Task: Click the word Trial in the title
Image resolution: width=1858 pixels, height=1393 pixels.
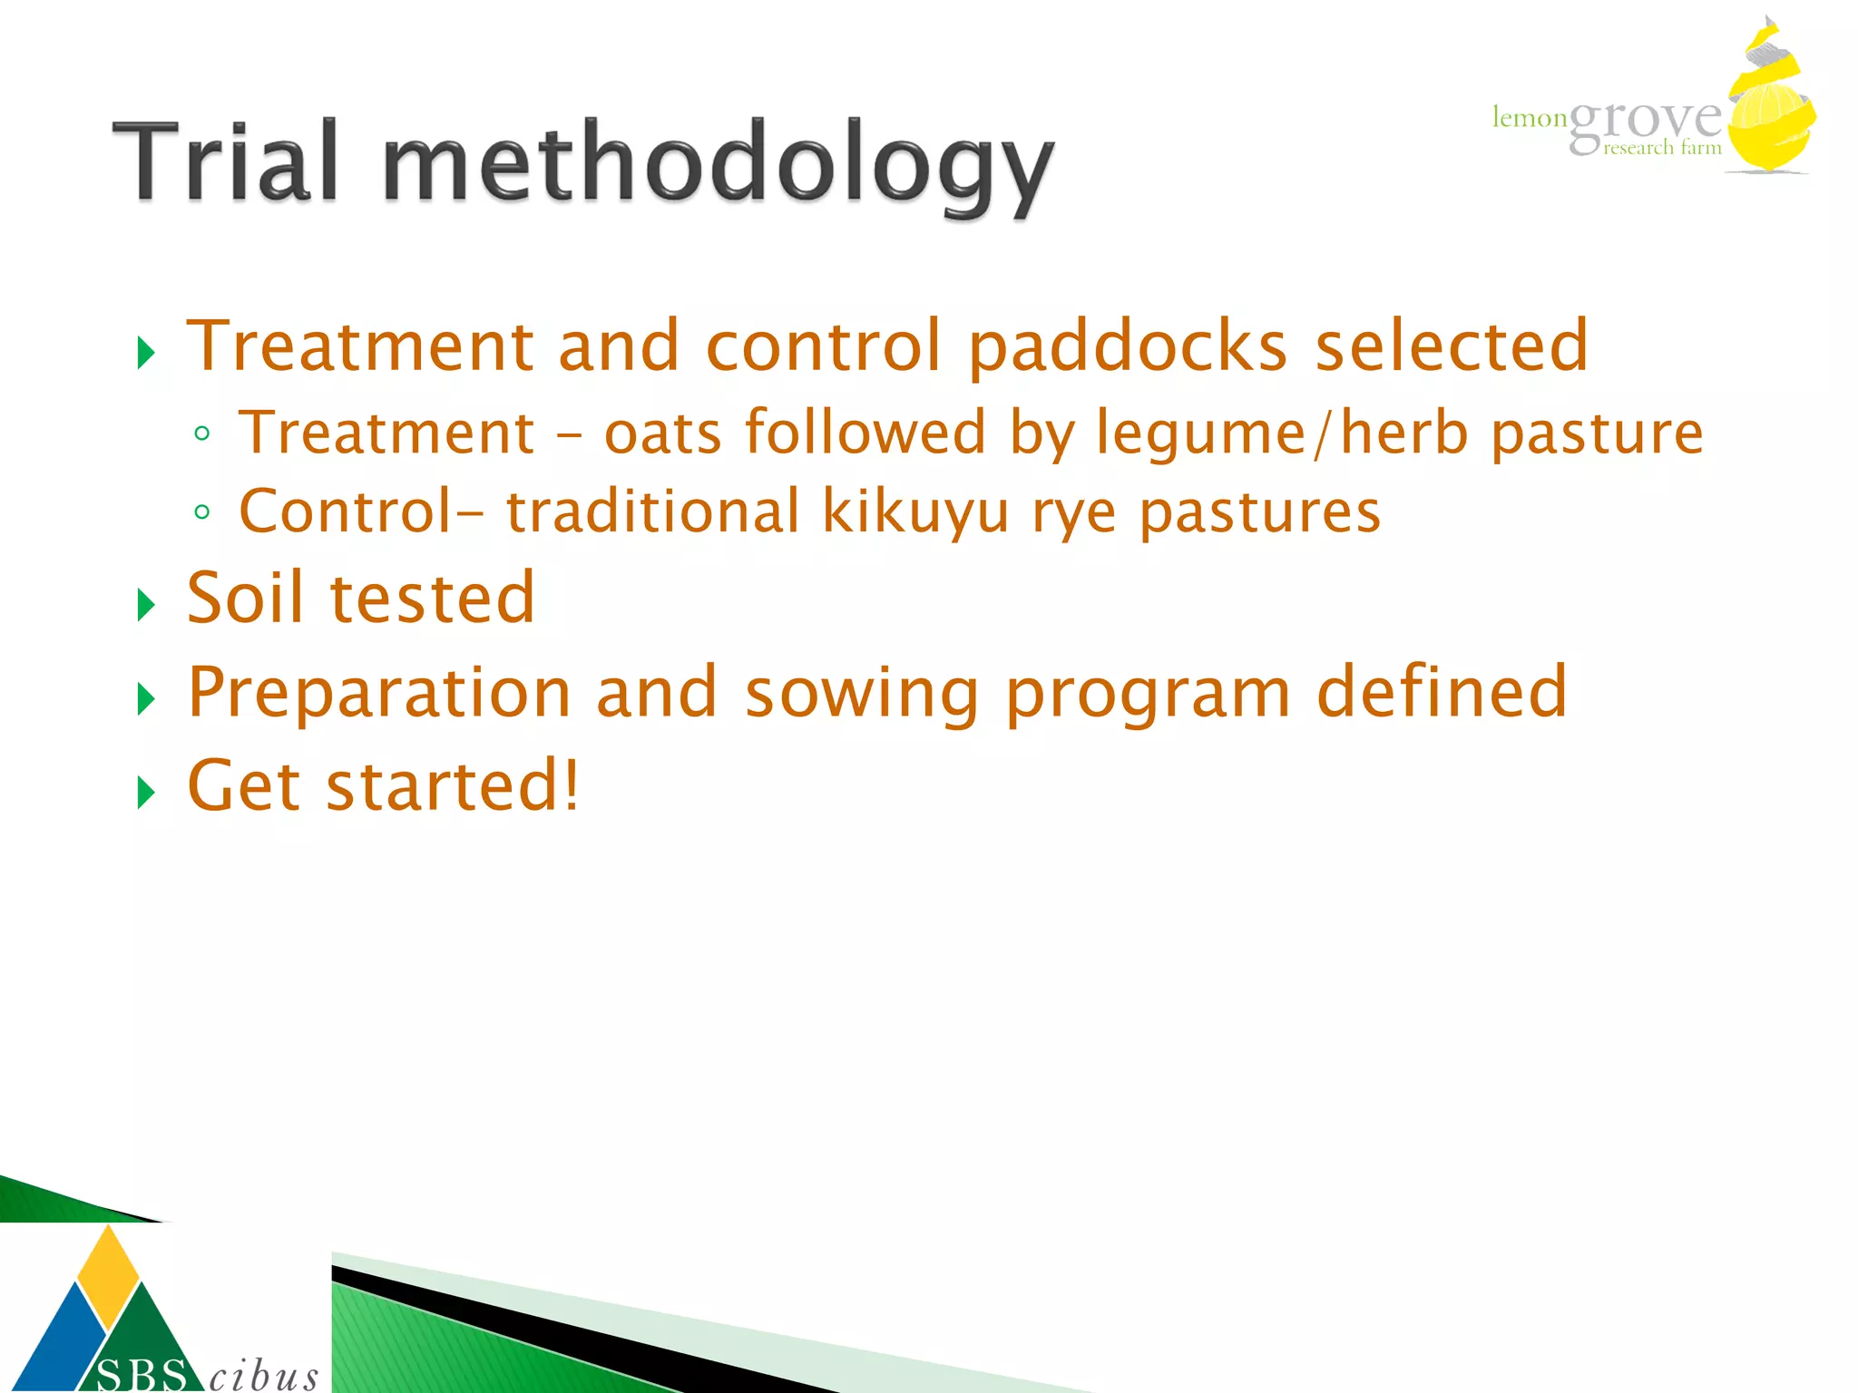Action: click(225, 162)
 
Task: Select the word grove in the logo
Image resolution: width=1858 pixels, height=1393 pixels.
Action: click(1644, 122)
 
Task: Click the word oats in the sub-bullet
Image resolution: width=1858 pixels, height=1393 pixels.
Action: click(663, 433)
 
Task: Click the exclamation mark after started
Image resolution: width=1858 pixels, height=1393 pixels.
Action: click(571, 785)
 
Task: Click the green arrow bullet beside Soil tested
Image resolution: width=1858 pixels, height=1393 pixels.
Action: click(145, 605)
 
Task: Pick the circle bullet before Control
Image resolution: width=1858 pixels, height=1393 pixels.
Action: click(202, 512)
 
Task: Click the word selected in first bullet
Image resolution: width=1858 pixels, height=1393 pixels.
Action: click(1451, 346)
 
